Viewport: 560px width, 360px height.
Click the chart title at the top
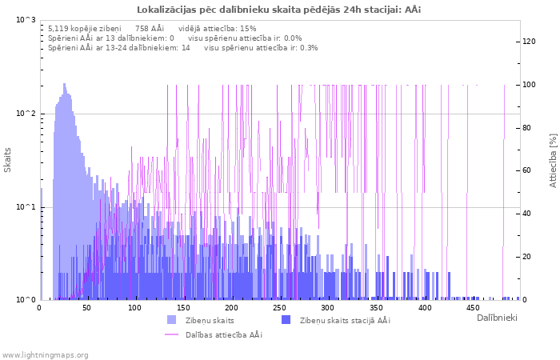279,10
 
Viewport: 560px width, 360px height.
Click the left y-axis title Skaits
8,159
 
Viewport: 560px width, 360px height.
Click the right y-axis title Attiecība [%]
552,160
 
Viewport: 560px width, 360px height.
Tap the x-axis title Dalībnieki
497,318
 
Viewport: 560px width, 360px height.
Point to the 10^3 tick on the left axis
26,19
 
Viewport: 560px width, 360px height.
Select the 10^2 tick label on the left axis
26,114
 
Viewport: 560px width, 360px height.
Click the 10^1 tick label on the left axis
26,207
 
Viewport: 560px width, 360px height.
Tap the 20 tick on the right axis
530,257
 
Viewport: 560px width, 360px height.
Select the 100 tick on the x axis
135,308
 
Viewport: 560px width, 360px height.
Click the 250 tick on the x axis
280,308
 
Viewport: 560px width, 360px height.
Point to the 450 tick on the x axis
473,308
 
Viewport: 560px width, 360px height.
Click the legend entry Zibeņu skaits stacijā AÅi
344,320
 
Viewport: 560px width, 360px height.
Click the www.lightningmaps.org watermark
45,354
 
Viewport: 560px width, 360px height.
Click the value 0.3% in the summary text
309,48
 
